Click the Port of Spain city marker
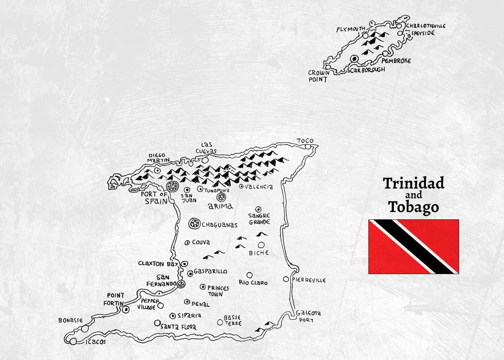[171, 186]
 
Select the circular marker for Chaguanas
[194, 224]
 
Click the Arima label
[220, 206]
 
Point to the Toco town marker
[309, 147]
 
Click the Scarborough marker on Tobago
[354, 59]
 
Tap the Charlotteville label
[425, 26]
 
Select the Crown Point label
[319, 76]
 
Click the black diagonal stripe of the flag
[413, 247]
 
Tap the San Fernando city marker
[181, 284]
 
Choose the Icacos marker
[73, 342]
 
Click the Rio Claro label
[253, 283]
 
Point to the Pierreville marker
[286, 279]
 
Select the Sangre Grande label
[259, 219]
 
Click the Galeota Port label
[308, 316]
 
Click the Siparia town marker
[172, 316]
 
